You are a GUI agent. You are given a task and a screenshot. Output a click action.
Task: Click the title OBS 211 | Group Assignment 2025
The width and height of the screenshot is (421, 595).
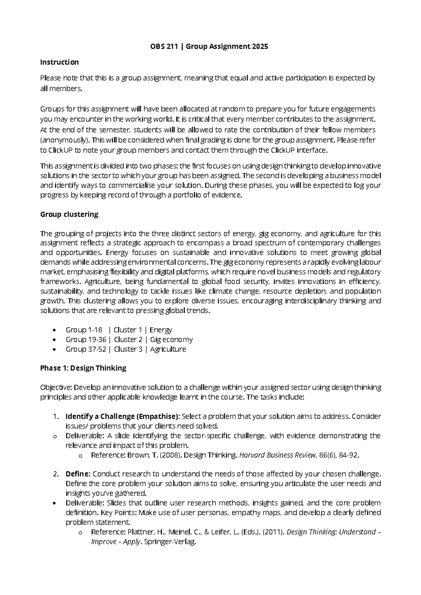(207, 46)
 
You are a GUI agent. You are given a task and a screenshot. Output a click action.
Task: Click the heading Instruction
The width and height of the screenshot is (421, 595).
(59, 62)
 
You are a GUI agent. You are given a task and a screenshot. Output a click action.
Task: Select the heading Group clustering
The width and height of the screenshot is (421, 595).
(69, 214)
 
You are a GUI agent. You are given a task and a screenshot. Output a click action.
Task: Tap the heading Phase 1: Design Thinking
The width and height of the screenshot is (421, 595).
(83, 368)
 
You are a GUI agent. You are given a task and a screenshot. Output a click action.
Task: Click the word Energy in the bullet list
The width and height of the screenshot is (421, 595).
(161, 330)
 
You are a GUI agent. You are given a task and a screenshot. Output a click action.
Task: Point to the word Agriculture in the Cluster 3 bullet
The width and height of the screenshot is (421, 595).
(168, 349)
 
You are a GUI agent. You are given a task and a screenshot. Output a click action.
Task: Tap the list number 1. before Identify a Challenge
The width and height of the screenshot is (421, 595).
(55, 416)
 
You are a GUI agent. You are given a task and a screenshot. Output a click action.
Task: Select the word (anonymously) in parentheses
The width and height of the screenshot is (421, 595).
(64, 140)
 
